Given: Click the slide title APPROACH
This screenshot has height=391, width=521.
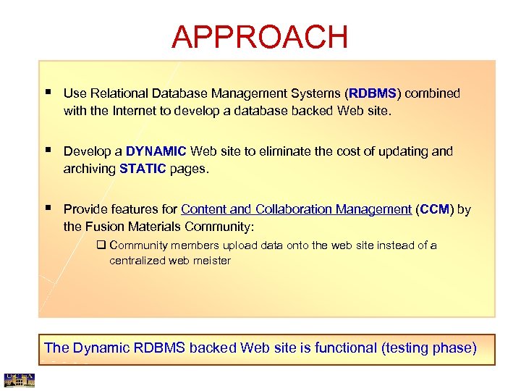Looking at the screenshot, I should point(260,37).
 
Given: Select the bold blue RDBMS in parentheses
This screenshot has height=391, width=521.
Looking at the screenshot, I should point(373,93).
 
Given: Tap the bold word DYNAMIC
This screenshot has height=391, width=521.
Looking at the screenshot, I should point(156,151).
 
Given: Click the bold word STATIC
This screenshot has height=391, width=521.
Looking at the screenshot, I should point(143,169).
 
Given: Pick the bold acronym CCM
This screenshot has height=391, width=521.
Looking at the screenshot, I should point(434,209).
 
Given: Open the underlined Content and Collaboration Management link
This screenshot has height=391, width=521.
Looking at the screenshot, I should point(296,209).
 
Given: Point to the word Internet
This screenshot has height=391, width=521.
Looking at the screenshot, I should point(137,111).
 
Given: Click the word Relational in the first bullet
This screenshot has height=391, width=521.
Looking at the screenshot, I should point(118,93).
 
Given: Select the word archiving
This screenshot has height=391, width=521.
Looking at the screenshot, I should point(90,169).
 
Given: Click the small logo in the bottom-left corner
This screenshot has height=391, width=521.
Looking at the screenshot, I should point(19,379).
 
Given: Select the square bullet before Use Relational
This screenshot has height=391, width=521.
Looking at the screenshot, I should point(47,93).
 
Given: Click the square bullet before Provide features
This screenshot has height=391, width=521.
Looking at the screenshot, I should point(47,209).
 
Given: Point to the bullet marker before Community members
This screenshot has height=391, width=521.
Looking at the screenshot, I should point(101,245).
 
